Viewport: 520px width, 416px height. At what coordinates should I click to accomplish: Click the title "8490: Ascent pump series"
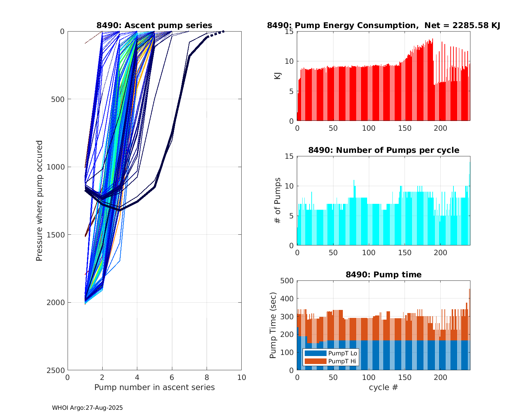(x=154, y=25)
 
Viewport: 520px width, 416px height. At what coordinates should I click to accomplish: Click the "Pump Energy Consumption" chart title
(x=383, y=25)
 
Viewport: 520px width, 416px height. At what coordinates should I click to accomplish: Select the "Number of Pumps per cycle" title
(x=383, y=150)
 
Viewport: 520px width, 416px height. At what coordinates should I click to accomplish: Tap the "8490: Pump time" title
(x=383, y=275)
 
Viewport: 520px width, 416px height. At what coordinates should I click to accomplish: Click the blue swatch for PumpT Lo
(x=315, y=353)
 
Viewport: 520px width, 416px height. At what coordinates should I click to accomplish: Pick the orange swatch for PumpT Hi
(x=315, y=361)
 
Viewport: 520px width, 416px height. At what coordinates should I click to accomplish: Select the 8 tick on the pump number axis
(x=207, y=377)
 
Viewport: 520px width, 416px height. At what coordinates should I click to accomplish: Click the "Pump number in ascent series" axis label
(x=154, y=387)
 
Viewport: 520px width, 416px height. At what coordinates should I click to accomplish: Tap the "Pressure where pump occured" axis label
(x=39, y=201)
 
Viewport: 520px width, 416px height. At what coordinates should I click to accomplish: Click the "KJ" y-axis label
(x=278, y=76)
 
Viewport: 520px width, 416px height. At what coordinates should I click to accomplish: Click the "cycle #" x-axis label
(x=383, y=387)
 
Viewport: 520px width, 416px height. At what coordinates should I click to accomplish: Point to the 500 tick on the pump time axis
(x=287, y=281)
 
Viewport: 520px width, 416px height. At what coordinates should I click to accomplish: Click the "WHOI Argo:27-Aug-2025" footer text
(x=87, y=408)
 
